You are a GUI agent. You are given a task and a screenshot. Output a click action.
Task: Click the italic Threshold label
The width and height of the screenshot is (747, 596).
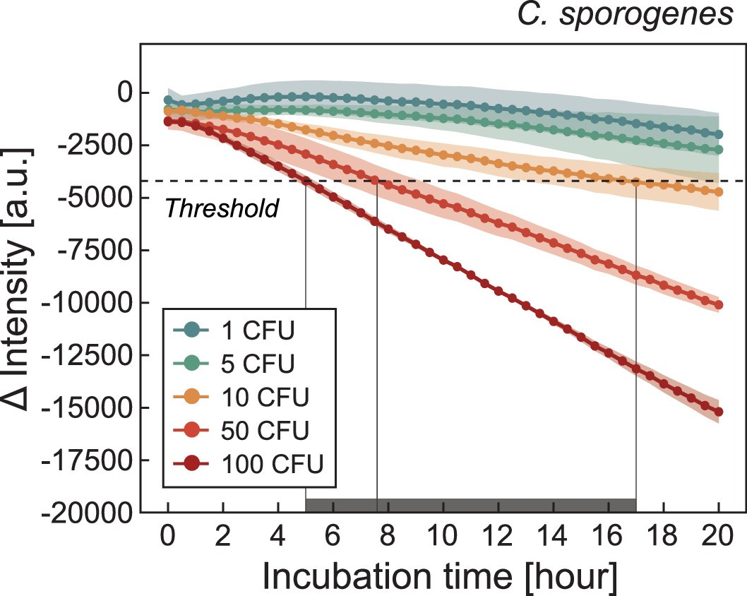click(x=221, y=208)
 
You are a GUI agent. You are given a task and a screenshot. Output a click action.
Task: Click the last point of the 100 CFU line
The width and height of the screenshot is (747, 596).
click(x=719, y=412)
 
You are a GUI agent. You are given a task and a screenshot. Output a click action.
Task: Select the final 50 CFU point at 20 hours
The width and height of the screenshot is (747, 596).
click(x=719, y=305)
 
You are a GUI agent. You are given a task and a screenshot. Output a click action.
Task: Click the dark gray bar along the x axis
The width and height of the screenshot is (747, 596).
click(x=471, y=505)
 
